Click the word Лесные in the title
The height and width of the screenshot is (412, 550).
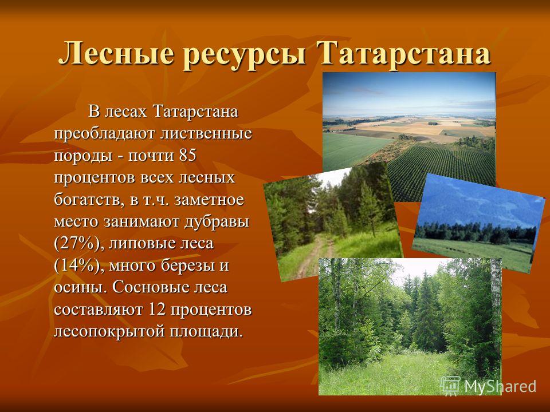point(116,54)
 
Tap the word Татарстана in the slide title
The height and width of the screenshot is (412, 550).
point(403,54)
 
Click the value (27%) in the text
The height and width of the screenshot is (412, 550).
point(79,244)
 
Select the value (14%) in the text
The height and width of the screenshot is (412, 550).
point(79,266)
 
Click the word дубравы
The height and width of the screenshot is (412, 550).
point(217,222)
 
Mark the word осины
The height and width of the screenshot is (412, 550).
point(80,288)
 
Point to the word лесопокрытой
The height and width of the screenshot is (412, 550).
point(109,331)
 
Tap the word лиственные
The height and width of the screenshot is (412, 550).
point(206,134)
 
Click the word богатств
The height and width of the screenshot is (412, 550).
point(89,200)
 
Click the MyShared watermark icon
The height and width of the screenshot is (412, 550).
point(450,386)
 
